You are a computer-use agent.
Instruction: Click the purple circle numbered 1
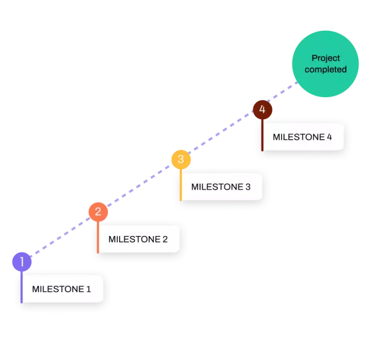[x=22, y=262]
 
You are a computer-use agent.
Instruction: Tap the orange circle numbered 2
[x=98, y=212]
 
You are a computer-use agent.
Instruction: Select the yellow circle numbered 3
[x=180, y=159]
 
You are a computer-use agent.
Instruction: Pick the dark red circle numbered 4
[x=262, y=109]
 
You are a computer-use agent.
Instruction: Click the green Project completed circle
[x=324, y=64]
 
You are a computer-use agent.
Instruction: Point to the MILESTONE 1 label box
[x=62, y=288]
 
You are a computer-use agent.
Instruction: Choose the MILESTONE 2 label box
[x=138, y=239]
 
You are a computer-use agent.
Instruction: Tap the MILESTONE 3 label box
[x=221, y=187]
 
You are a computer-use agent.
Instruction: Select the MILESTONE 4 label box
[x=302, y=137]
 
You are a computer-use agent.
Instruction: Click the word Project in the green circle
[x=325, y=58]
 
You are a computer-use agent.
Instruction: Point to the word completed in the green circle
[x=325, y=70]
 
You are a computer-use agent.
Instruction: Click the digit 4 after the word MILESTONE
[x=330, y=137]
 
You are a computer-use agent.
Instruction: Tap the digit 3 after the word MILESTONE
[x=248, y=187]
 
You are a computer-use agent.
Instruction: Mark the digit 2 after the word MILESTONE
[x=165, y=239]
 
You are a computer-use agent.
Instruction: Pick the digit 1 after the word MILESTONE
[x=88, y=288]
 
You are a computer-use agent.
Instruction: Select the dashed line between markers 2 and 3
[x=139, y=186]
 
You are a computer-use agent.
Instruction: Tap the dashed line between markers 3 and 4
[x=221, y=134]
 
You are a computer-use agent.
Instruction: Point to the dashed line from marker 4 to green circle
[x=284, y=95]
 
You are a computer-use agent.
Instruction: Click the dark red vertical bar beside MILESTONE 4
[x=262, y=137]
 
